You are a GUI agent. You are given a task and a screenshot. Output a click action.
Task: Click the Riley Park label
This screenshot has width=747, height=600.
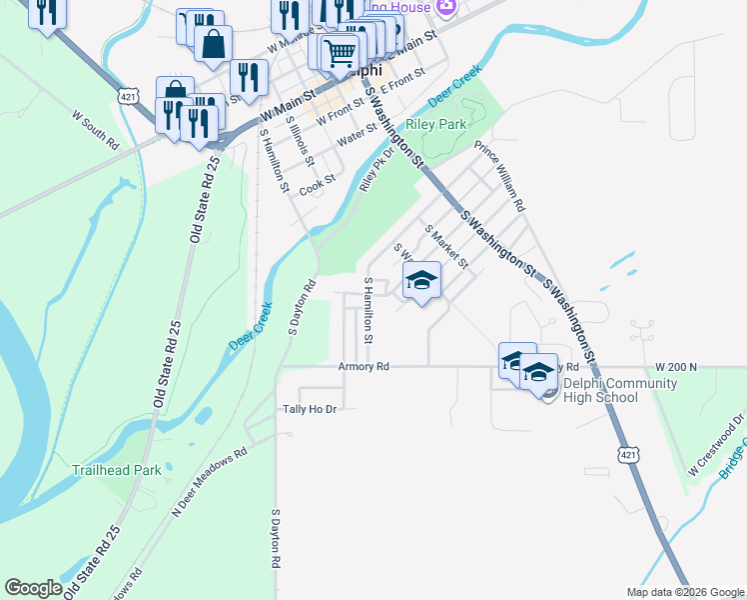point(436,125)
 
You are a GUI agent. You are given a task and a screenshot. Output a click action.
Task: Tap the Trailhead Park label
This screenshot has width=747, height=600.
point(117,469)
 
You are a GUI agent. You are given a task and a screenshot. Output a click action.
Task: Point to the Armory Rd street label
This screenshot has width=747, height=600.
point(363,367)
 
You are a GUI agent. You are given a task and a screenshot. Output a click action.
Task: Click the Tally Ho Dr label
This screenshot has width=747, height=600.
point(311,409)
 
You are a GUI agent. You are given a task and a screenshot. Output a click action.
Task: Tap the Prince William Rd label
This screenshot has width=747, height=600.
point(499,177)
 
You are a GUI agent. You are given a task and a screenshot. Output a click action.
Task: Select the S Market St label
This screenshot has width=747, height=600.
point(446,246)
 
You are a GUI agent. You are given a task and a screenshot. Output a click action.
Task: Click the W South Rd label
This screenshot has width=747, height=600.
point(95,130)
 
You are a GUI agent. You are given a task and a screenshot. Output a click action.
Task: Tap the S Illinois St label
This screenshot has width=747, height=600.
point(300,140)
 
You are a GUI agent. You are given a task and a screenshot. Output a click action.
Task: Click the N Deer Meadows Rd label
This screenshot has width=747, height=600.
point(209,482)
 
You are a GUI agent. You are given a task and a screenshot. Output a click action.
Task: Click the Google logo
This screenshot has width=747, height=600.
point(34,588)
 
